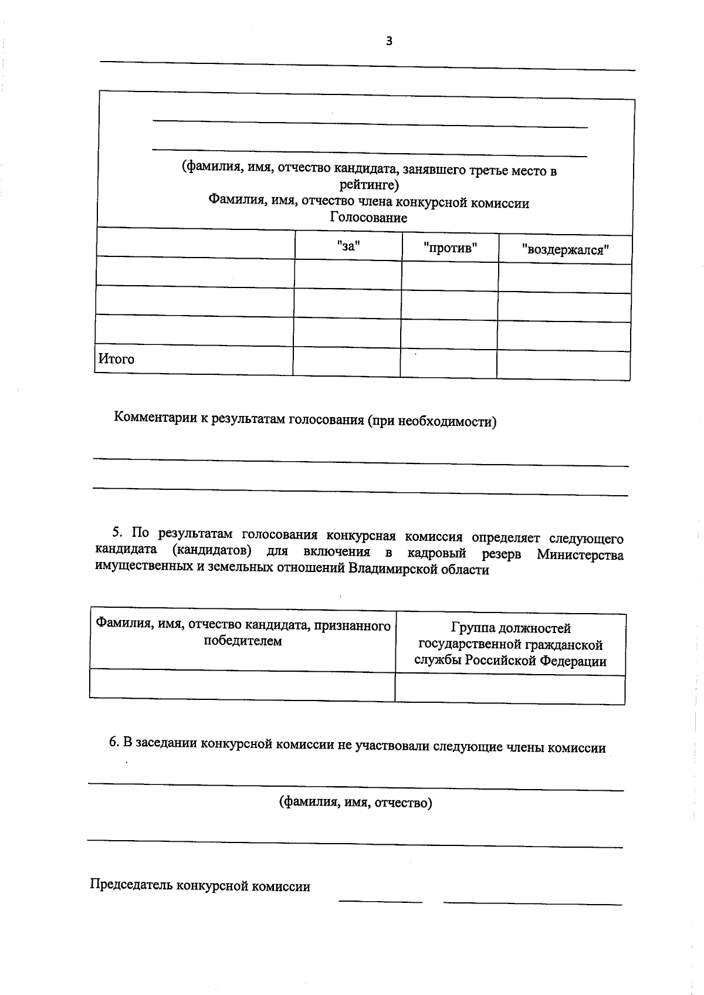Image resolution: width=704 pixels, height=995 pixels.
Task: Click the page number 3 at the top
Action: [x=388, y=40]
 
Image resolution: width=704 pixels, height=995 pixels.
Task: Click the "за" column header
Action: [x=348, y=246]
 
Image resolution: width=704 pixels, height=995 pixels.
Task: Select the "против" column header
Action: [x=450, y=248]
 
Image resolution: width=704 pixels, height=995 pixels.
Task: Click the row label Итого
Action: [x=116, y=359]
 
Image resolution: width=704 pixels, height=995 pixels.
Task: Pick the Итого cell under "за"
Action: [x=346, y=361]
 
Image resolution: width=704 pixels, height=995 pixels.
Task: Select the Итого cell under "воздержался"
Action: [x=563, y=365]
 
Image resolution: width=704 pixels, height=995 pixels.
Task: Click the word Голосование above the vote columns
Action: [x=368, y=218]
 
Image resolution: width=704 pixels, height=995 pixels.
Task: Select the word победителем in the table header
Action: [x=242, y=641]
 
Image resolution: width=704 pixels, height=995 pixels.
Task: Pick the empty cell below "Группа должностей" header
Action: [x=509, y=689]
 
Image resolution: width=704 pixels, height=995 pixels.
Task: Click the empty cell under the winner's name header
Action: [x=242, y=685]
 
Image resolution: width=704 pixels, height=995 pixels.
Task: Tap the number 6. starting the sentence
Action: [x=114, y=742]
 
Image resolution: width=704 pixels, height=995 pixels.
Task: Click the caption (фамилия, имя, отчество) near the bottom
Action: [x=356, y=803]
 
